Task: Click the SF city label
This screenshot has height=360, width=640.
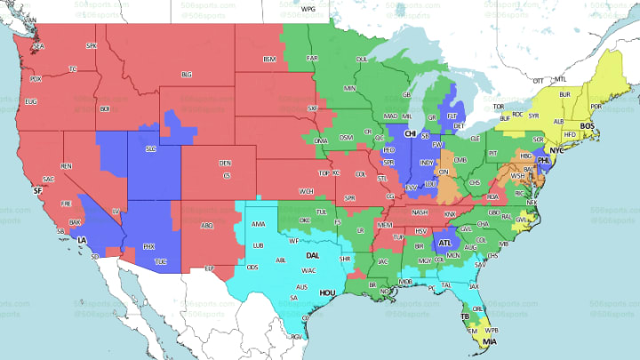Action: (36, 190)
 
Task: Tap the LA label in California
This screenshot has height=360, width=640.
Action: (82, 241)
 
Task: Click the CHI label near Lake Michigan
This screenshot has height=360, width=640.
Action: (411, 134)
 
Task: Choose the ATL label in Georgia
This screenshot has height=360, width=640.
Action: (444, 243)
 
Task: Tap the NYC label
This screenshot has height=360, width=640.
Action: (557, 151)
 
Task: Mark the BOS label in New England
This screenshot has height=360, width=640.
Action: (586, 127)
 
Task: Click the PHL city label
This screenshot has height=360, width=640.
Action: (544, 162)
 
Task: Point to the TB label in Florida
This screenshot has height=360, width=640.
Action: (464, 316)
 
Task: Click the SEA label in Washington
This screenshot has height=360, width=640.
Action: (38, 45)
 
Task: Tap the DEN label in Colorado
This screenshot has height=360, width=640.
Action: (225, 164)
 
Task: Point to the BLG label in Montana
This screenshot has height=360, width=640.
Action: (187, 74)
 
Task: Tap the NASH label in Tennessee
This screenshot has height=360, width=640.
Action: (420, 212)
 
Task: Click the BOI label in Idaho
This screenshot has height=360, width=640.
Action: (105, 108)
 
